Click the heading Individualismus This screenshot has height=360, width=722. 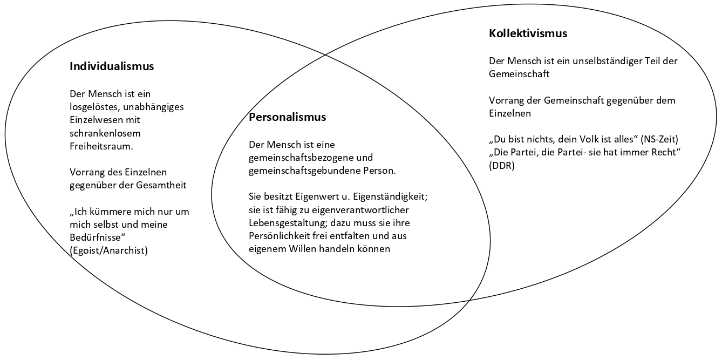(112, 66)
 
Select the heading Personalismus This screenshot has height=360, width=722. (287, 117)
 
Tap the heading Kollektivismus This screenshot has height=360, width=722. (528, 33)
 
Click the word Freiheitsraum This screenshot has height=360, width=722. (101, 146)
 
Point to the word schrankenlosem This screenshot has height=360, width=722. (105, 133)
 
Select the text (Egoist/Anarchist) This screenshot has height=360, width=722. (108, 250)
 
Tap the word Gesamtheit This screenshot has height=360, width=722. (161, 185)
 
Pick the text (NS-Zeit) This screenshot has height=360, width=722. (659, 139)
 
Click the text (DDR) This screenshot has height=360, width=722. (502, 166)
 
